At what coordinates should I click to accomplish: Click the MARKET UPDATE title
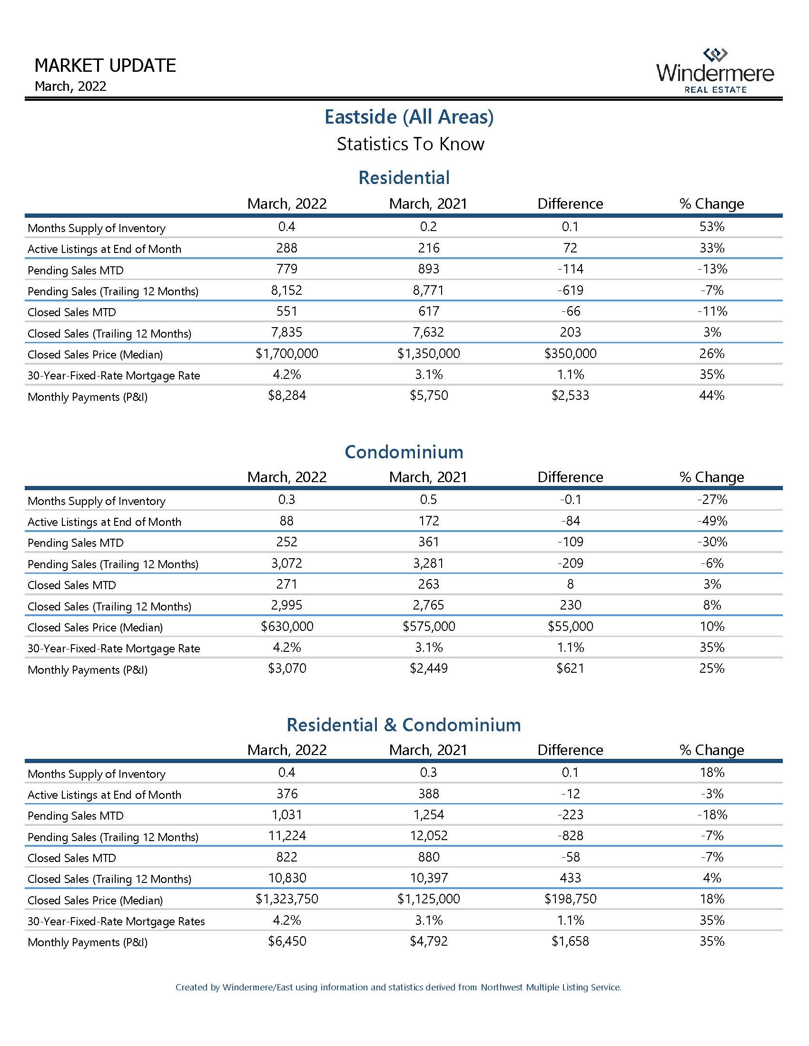[x=106, y=66]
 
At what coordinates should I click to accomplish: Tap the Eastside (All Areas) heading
[x=409, y=117]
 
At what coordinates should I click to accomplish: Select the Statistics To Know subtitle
[x=410, y=144]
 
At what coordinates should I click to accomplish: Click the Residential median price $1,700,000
[x=286, y=354]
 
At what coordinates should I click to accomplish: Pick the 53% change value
[x=712, y=226]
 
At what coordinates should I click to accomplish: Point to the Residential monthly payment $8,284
[x=286, y=396]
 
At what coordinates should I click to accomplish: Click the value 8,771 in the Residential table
[x=428, y=290]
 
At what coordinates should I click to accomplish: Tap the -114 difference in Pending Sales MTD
[x=570, y=269]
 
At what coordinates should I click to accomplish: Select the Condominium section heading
[x=404, y=452]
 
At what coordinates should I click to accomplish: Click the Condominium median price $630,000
[x=286, y=627]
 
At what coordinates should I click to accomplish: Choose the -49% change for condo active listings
[x=712, y=521]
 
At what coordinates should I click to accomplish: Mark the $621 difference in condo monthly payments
[x=570, y=668]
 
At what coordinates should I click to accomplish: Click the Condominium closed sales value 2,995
[x=286, y=605]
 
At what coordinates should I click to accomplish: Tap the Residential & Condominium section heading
[x=404, y=725]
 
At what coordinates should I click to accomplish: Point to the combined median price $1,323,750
[x=286, y=899]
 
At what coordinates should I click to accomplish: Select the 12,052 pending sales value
[x=428, y=836]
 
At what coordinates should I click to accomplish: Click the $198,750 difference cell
[x=570, y=899]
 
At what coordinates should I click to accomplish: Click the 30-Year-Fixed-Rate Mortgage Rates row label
[x=116, y=921]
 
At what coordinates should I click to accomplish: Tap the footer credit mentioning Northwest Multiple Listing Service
[x=398, y=987]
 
